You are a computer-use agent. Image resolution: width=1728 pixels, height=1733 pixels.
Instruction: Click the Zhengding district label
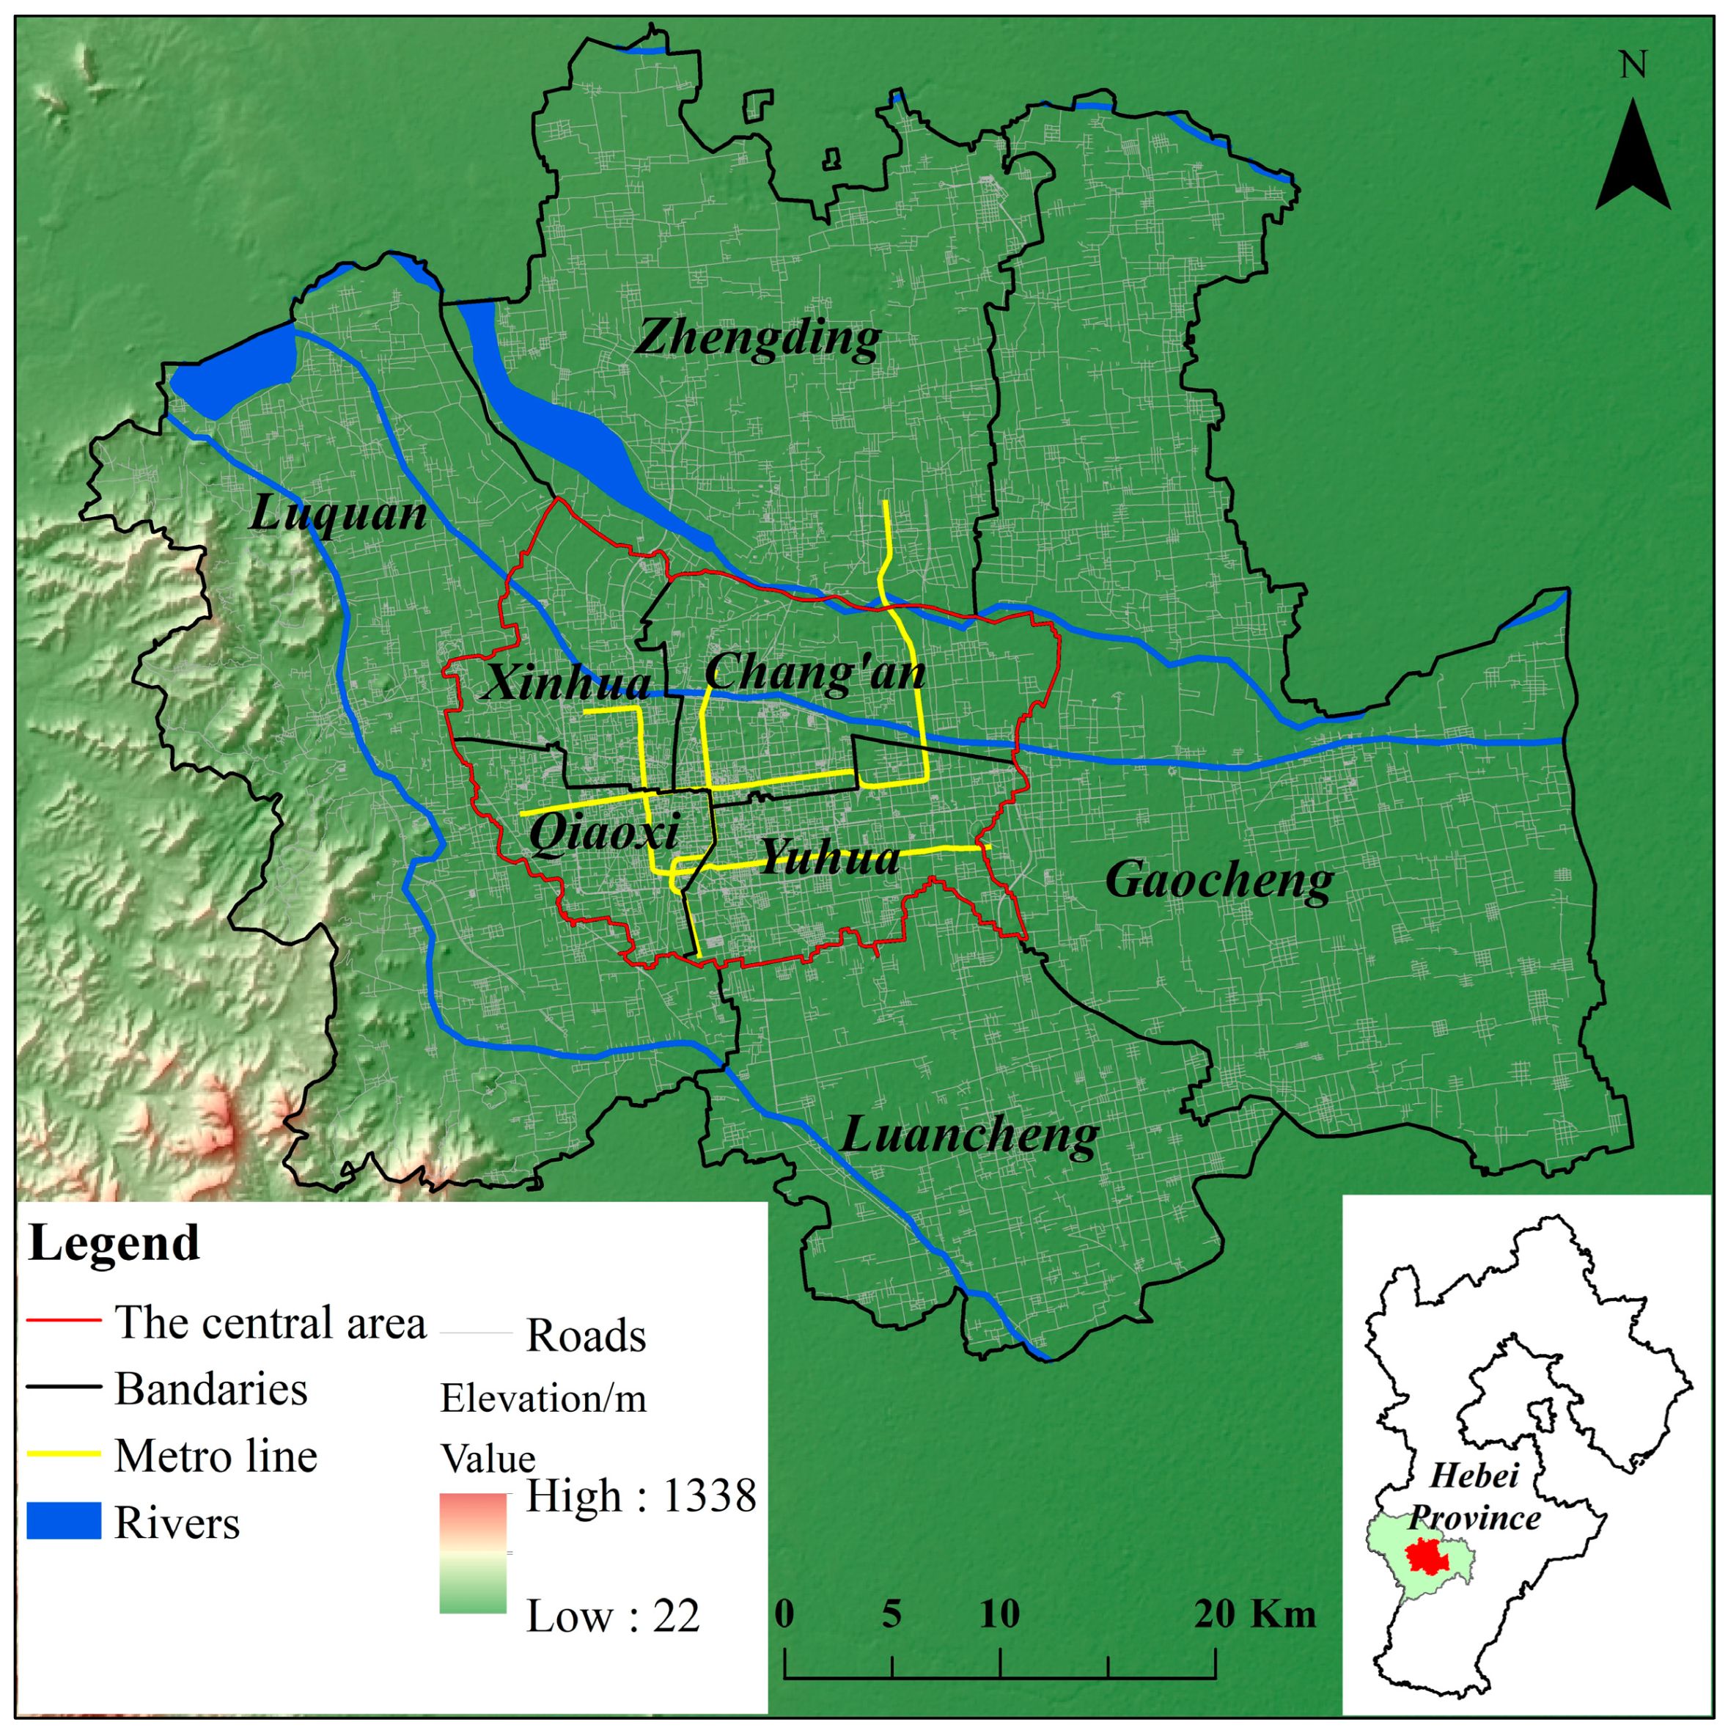758,339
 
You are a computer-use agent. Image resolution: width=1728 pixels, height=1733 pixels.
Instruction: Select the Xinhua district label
567,684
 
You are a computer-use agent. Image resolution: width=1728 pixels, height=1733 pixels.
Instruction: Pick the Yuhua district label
829,857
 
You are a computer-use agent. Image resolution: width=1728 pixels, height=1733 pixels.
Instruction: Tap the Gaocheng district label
1218,881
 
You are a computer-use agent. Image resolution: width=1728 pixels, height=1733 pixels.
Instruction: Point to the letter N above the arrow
1633,65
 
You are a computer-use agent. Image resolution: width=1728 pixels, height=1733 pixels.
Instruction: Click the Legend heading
114,1243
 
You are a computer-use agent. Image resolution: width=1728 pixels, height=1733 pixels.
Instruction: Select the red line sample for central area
63,1322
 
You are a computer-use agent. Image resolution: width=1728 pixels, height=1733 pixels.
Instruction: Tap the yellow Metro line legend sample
63,1454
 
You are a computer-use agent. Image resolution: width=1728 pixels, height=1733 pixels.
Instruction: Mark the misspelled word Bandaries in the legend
210,1390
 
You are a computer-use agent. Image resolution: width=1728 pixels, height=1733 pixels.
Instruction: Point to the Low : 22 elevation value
612,1616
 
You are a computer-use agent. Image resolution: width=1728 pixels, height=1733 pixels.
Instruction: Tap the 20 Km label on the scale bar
1254,1615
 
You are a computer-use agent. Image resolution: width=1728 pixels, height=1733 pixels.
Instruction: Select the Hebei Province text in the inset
1474,1497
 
